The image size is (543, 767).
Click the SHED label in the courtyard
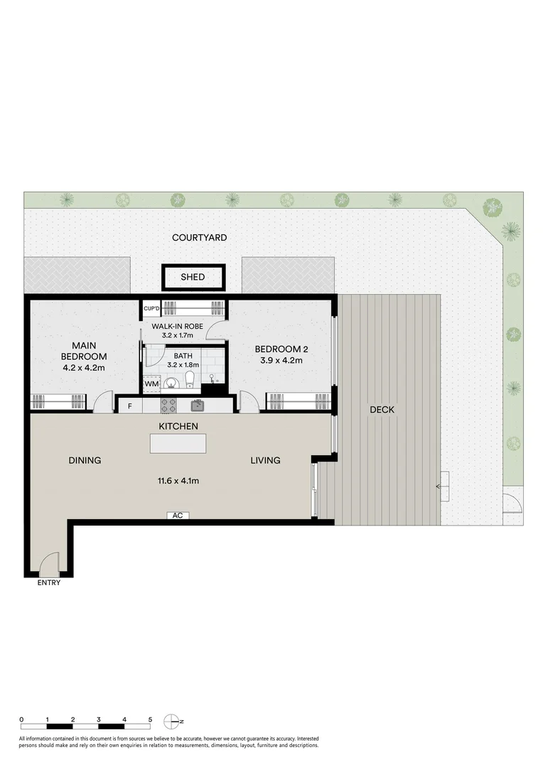pos(193,277)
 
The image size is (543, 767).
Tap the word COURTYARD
pos(200,237)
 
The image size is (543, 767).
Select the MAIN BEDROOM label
pos(83,350)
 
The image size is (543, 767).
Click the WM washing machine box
pos(151,384)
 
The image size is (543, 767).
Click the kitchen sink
pos(198,406)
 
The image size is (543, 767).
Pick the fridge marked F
pos(129,406)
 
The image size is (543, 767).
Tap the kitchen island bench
pos(178,444)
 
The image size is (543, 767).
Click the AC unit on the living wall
pos(178,516)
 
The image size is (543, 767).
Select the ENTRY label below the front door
pos(49,583)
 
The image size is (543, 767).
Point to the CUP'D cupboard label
pos(151,308)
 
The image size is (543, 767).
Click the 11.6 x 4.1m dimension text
pos(178,481)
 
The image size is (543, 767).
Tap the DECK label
pos(382,410)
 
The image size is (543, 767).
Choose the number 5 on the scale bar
pos(150,719)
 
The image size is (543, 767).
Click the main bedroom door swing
pos(104,403)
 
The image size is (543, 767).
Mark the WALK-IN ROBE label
pos(178,326)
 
